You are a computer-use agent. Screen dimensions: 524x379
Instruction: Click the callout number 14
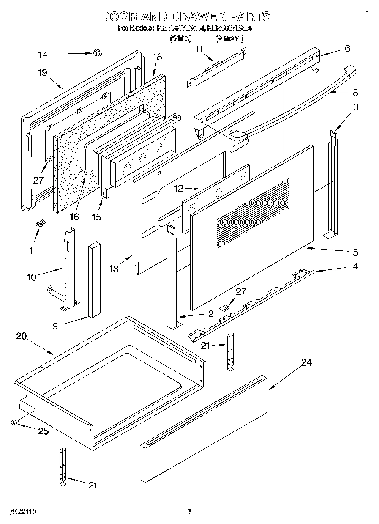(x=43, y=54)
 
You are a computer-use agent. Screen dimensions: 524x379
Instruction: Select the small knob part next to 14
(x=98, y=52)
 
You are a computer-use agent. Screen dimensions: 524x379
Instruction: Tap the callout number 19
(x=41, y=72)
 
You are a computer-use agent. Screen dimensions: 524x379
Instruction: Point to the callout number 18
(x=157, y=57)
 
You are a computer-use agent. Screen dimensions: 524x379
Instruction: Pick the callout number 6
(x=347, y=49)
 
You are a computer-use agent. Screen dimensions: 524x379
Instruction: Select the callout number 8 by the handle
(x=354, y=92)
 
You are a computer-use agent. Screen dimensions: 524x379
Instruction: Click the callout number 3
(x=355, y=107)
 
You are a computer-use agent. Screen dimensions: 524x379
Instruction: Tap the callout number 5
(x=355, y=252)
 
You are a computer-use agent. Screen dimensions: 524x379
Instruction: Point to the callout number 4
(x=355, y=266)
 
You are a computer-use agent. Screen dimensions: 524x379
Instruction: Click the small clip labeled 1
(x=41, y=224)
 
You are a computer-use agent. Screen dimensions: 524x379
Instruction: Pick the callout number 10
(x=31, y=277)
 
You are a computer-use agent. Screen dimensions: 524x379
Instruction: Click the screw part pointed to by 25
(x=14, y=422)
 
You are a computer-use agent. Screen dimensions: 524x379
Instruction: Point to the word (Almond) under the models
(x=229, y=38)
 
